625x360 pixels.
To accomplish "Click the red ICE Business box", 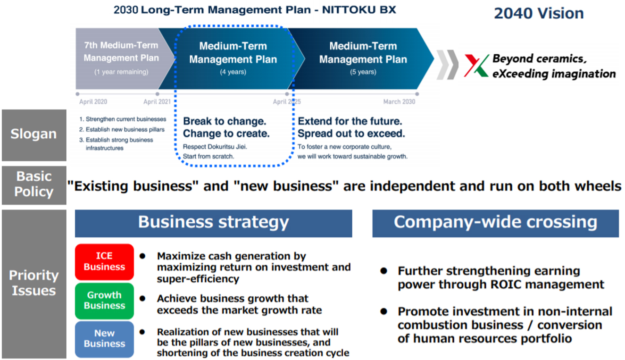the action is tap(104, 262).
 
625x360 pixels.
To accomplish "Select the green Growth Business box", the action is tap(104, 301).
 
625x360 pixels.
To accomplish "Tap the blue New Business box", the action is tap(104, 339).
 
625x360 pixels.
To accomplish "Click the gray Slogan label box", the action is tap(34, 135).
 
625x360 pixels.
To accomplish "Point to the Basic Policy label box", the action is tap(34, 185).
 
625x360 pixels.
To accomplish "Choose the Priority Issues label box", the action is tap(34, 284).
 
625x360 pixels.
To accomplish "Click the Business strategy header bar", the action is tap(214, 223).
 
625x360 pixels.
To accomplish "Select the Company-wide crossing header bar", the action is tap(496, 223).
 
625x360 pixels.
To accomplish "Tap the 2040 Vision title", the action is tap(539, 13).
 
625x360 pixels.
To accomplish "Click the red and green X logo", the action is tap(476, 66).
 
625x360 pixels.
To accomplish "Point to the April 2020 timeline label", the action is tap(93, 101).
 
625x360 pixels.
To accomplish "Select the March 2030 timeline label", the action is tap(399, 101).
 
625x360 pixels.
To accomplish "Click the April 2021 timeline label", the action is tap(157, 101).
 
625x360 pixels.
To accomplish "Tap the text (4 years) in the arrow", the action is tap(233, 72).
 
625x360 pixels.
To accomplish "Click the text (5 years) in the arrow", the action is tap(363, 72).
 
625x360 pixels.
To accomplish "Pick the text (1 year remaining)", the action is tap(121, 72).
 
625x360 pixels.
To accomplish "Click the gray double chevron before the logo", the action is tap(447, 65).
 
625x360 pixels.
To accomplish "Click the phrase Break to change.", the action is tap(225, 121).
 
